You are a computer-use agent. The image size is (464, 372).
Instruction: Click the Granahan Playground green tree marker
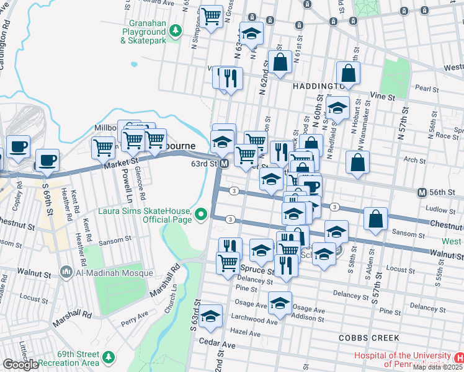[176, 30]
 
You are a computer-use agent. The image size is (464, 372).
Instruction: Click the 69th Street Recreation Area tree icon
[109, 358]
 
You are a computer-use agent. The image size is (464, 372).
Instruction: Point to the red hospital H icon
[458, 358]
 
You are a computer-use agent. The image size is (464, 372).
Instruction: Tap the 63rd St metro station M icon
[225, 164]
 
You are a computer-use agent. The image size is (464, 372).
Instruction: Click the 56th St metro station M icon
[422, 192]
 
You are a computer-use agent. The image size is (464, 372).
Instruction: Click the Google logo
[20, 364]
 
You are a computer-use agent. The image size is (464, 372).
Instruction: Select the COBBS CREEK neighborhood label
[363, 337]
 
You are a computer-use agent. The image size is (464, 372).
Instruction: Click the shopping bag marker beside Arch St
[357, 162]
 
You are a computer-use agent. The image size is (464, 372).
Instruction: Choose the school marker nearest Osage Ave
[280, 303]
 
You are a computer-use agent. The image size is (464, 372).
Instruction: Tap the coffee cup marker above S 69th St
[47, 160]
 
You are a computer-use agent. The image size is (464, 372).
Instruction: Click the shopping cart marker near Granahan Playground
[212, 16]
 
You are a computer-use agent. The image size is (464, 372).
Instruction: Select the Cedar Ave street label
[217, 343]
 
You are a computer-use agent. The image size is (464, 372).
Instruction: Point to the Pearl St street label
[427, 89]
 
